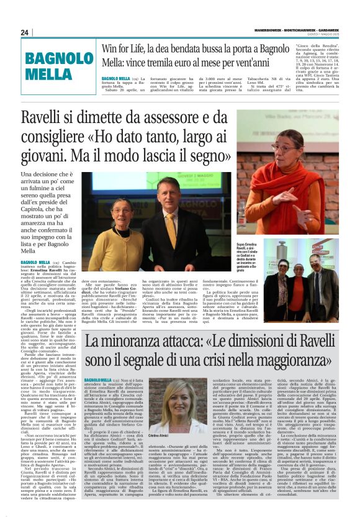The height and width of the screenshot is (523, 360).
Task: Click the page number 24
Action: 25,32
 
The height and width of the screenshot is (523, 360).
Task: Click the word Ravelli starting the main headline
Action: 60,117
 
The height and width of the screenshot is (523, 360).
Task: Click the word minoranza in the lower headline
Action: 144,340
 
